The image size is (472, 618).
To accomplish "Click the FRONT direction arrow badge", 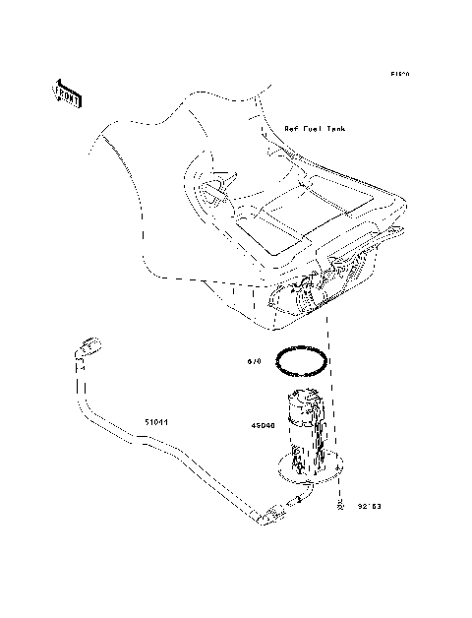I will (x=67, y=92).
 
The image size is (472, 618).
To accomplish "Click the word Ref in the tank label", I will (x=291, y=129).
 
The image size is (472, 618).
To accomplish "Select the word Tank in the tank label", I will (x=335, y=129).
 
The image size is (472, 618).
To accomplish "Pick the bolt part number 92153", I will (x=370, y=509).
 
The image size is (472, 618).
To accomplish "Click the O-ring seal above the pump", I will (x=302, y=361).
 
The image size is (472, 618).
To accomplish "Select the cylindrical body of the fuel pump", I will (x=309, y=425).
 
